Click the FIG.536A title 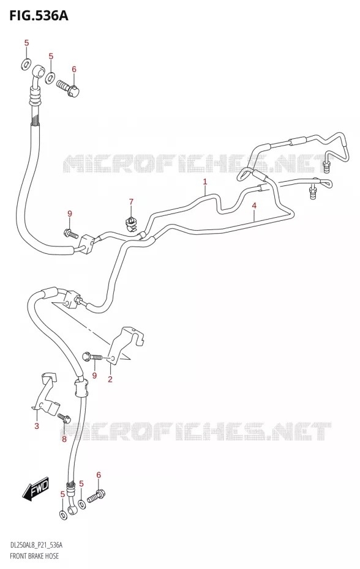[x=34, y=16]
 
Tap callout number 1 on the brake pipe [x=205, y=182]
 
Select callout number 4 [x=254, y=206]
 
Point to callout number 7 [x=131, y=202]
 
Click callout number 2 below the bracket [x=110, y=379]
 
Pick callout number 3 [x=36, y=426]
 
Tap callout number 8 [x=64, y=439]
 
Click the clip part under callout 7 [x=130, y=223]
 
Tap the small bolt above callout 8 [x=64, y=418]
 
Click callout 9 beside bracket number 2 [x=94, y=375]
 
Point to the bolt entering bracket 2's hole [x=92, y=357]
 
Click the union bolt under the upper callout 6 [x=69, y=88]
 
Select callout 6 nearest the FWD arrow [x=98, y=475]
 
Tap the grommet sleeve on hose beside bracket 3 [x=81, y=387]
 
